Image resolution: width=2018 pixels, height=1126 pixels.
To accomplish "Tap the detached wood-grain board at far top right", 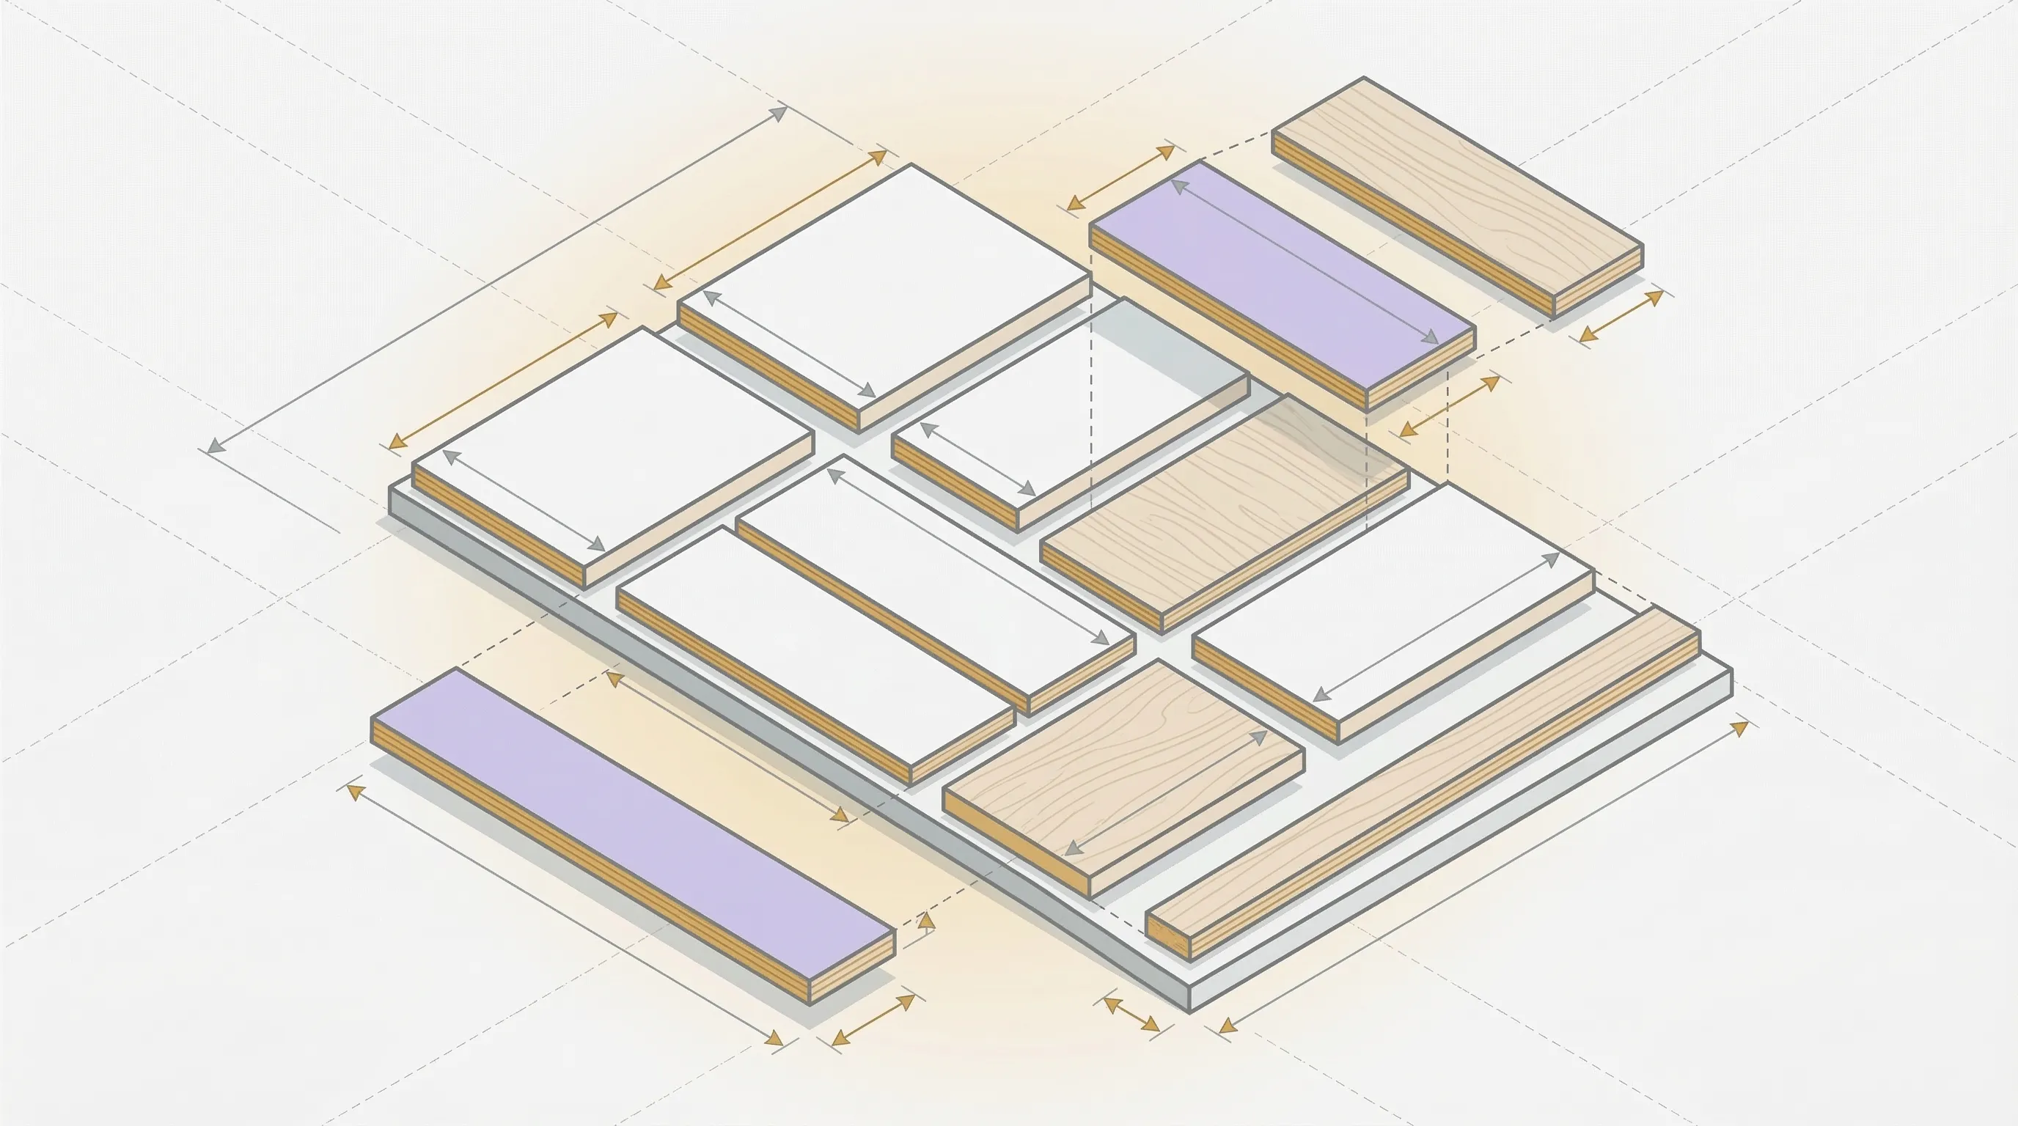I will [1457, 188].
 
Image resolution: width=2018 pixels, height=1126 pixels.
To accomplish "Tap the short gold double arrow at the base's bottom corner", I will [1131, 1015].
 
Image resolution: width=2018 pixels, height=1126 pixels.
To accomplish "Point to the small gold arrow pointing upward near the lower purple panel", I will [927, 922].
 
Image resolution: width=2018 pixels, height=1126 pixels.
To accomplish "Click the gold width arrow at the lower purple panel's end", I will [873, 1020].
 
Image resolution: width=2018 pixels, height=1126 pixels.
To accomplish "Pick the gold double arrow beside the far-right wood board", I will [1621, 317].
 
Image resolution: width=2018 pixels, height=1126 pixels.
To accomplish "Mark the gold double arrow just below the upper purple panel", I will [1448, 406].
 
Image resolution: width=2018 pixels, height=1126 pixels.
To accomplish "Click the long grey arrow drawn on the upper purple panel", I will [1305, 262].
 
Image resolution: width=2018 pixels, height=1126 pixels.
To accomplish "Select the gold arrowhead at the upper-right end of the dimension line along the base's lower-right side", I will [1739, 727].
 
